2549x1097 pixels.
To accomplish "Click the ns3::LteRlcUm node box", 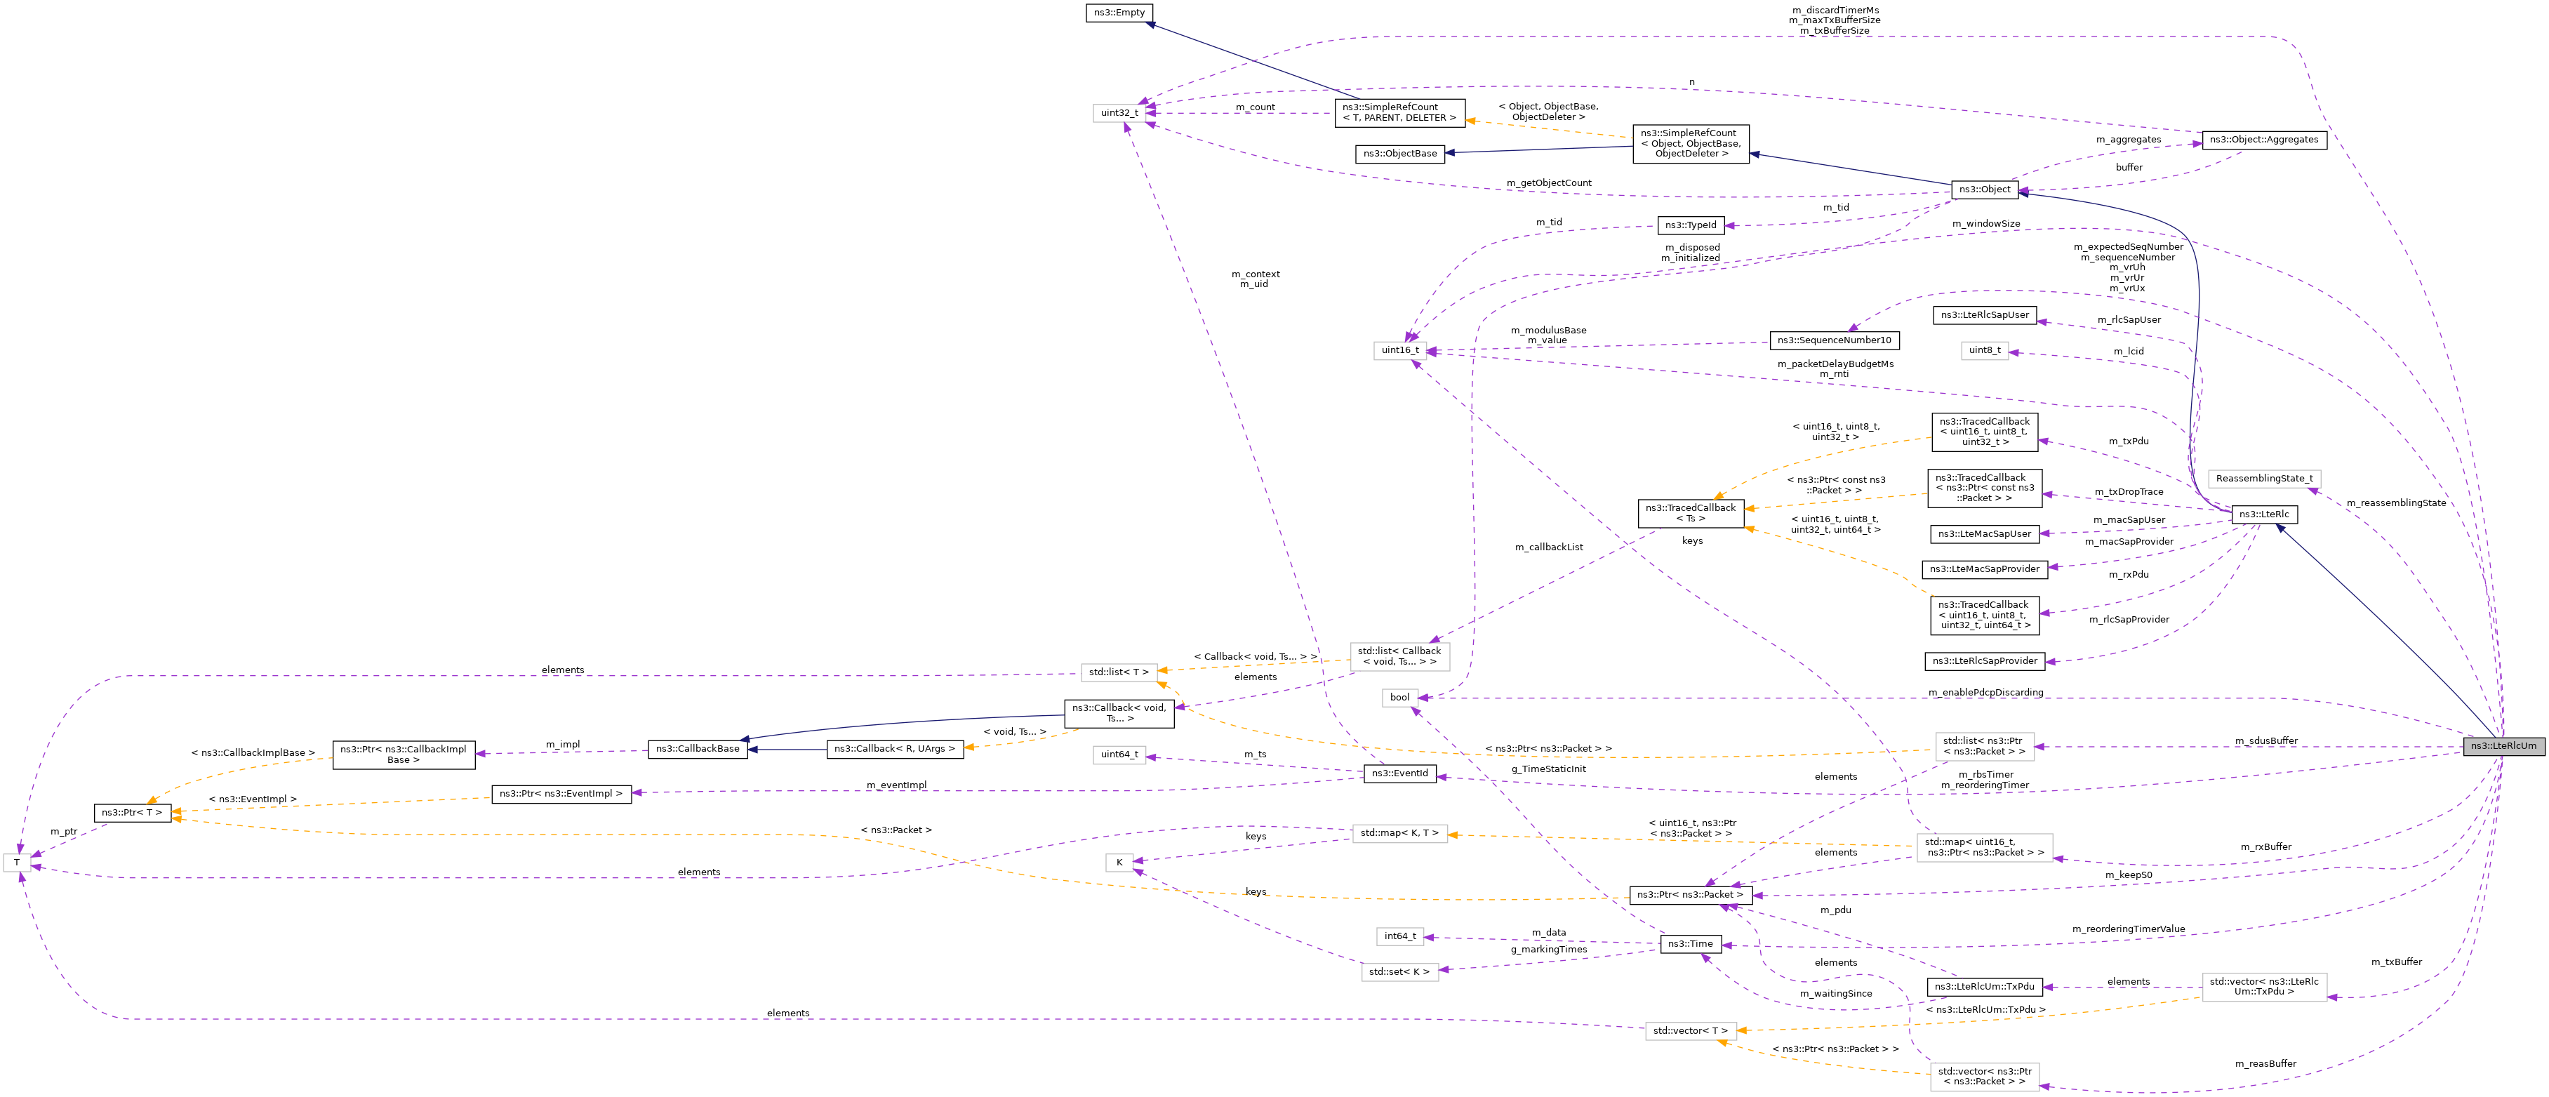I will tap(2503, 746).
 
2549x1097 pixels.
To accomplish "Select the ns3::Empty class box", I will tap(1119, 13).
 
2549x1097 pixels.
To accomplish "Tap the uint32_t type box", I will tap(1119, 113).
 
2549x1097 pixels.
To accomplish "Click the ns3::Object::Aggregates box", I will tap(2264, 140).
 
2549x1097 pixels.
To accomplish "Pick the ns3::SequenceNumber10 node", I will tap(1834, 340).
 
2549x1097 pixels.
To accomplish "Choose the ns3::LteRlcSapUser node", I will tap(1984, 316).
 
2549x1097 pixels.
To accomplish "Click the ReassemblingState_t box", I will tap(2264, 479).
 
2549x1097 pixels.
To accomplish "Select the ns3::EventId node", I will tap(1399, 773).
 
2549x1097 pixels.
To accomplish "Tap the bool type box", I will tap(1399, 698).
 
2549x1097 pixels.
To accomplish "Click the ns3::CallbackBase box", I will tap(698, 749).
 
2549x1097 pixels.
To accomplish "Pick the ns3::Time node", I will tap(1690, 944).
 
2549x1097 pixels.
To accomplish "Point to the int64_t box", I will tap(1400, 936).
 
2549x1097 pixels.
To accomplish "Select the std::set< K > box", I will tap(1399, 971).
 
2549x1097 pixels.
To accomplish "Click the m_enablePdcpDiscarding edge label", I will tap(1985, 693).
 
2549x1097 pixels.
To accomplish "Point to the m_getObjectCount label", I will tap(1549, 183).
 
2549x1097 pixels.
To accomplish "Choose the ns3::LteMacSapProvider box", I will tap(1984, 570).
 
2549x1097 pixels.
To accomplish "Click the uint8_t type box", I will tap(1984, 350).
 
